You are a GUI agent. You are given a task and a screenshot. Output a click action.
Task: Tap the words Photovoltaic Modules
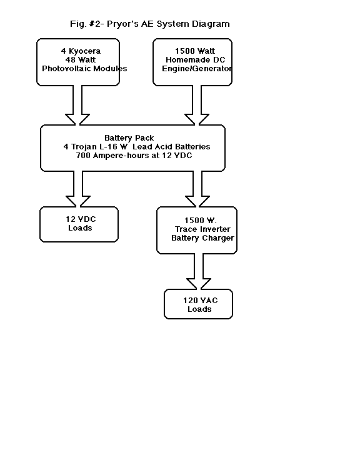point(84,69)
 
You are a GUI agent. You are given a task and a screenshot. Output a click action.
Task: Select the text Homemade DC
point(196,60)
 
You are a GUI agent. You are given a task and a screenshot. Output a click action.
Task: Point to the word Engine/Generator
point(197,69)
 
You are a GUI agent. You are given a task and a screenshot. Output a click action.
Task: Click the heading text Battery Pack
point(129,138)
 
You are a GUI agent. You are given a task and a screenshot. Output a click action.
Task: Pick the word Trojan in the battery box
point(84,147)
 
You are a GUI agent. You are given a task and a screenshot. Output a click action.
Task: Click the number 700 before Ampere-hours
point(83,156)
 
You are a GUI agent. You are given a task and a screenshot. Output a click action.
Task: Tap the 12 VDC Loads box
point(79,224)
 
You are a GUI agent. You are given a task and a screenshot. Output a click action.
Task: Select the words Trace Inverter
point(202,229)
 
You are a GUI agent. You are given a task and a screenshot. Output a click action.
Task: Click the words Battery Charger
point(202,238)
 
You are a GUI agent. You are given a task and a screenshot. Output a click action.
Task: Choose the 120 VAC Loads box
point(198,304)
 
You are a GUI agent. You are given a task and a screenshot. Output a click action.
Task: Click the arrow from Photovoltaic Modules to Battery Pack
point(77,105)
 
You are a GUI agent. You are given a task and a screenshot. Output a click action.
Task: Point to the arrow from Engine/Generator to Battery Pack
point(197,105)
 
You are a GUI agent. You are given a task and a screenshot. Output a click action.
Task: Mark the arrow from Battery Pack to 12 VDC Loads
point(78,189)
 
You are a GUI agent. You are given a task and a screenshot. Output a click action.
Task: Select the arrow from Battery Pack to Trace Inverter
point(197,189)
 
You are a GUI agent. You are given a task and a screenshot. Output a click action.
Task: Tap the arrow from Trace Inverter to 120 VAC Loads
point(199,271)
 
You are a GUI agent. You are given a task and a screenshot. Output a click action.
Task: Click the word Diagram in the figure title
point(211,24)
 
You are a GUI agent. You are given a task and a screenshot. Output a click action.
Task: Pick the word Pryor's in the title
point(122,24)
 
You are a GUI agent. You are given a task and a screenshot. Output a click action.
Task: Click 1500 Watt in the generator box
point(195,51)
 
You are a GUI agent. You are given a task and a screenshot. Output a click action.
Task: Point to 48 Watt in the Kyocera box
point(81,60)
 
